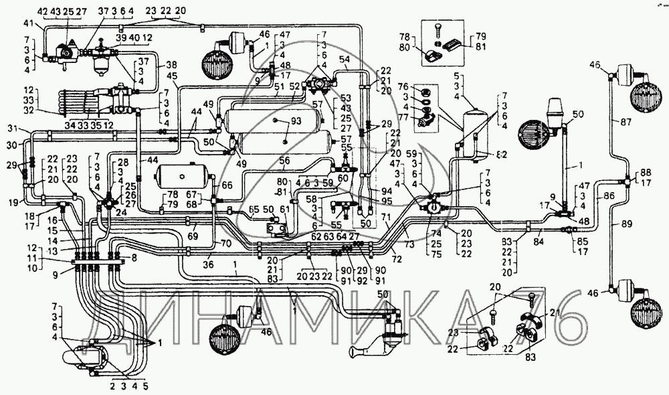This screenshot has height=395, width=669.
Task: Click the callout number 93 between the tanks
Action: tap(294, 121)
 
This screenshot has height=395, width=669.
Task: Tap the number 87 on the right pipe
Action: tap(625, 122)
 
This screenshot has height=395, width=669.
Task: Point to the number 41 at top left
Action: tap(27, 23)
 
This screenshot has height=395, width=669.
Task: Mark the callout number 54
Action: tap(345, 60)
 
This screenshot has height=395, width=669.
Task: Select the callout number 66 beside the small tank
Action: tap(227, 185)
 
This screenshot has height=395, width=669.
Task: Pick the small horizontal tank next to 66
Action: tap(182, 178)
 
